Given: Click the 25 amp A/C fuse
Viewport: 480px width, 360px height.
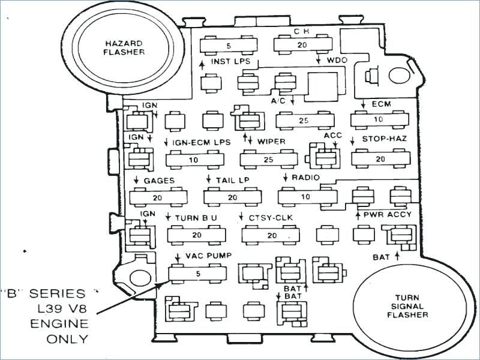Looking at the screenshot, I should pos(304,121).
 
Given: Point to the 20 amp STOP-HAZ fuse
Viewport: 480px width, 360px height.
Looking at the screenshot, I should pos(379,159).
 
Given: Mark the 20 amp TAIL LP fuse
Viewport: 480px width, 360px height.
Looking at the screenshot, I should pos(232,197).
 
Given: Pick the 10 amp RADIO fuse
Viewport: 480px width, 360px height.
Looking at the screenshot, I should pos(306,197).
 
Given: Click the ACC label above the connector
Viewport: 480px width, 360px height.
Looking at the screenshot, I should pos(332,136).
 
